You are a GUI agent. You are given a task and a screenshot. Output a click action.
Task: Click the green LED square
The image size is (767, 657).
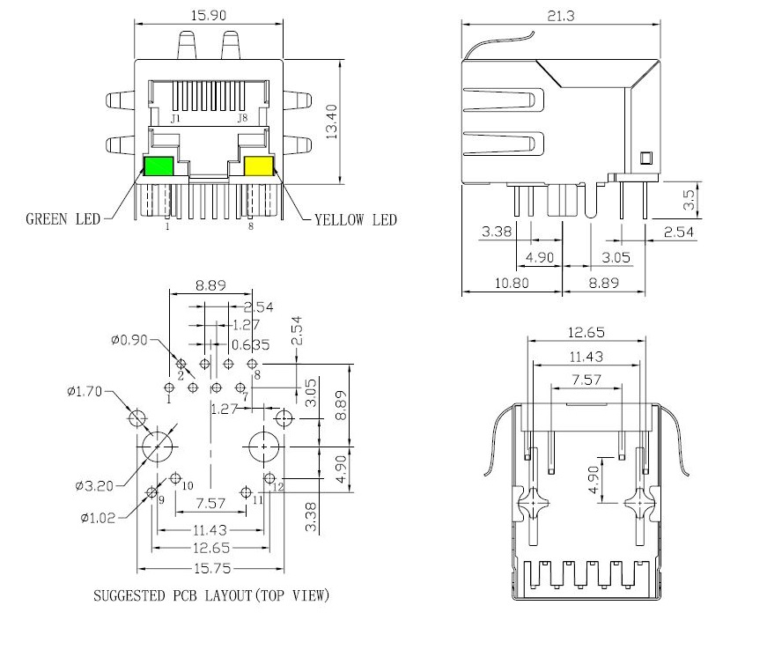[159, 166]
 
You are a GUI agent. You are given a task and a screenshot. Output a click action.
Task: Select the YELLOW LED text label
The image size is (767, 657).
[356, 219]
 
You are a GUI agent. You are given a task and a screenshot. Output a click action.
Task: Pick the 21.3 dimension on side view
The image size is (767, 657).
[561, 16]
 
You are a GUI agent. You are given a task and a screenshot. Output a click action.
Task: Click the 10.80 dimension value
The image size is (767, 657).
[512, 284]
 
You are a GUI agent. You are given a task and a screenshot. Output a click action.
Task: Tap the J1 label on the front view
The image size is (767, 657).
[175, 118]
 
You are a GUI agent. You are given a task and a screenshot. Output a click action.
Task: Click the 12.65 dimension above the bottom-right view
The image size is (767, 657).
[586, 333]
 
